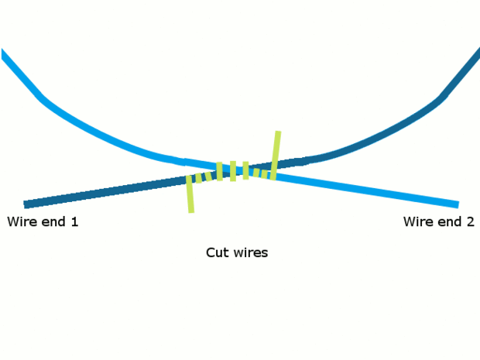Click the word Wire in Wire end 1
pyautogui.click(x=21, y=222)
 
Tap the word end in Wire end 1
pyautogui.click(x=53, y=222)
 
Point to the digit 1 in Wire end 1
pyautogui.click(x=74, y=222)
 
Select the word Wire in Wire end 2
pyautogui.click(x=417, y=222)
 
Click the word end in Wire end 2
pyautogui.click(x=449, y=222)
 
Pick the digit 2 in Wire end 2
pyautogui.click(x=470, y=222)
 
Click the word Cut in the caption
pyautogui.click(x=217, y=253)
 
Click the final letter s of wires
pyautogui.click(x=265, y=254)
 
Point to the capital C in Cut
pyautogui.click(x=211, y=253)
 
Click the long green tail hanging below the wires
pyautogui.click(x=190, y=198)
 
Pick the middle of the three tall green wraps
pyautogui.click(x=233, y=171)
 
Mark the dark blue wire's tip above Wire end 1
pyautogui.click(x=26, y=204)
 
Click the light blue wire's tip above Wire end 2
pyautogui.click(x=456, y=205)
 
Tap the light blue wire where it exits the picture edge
pyautogui.click(x=2, y=53)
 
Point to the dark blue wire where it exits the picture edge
pyautogui.click(x=478, y=52)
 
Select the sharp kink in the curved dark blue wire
pyautogui.click(x=441, y=98)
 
